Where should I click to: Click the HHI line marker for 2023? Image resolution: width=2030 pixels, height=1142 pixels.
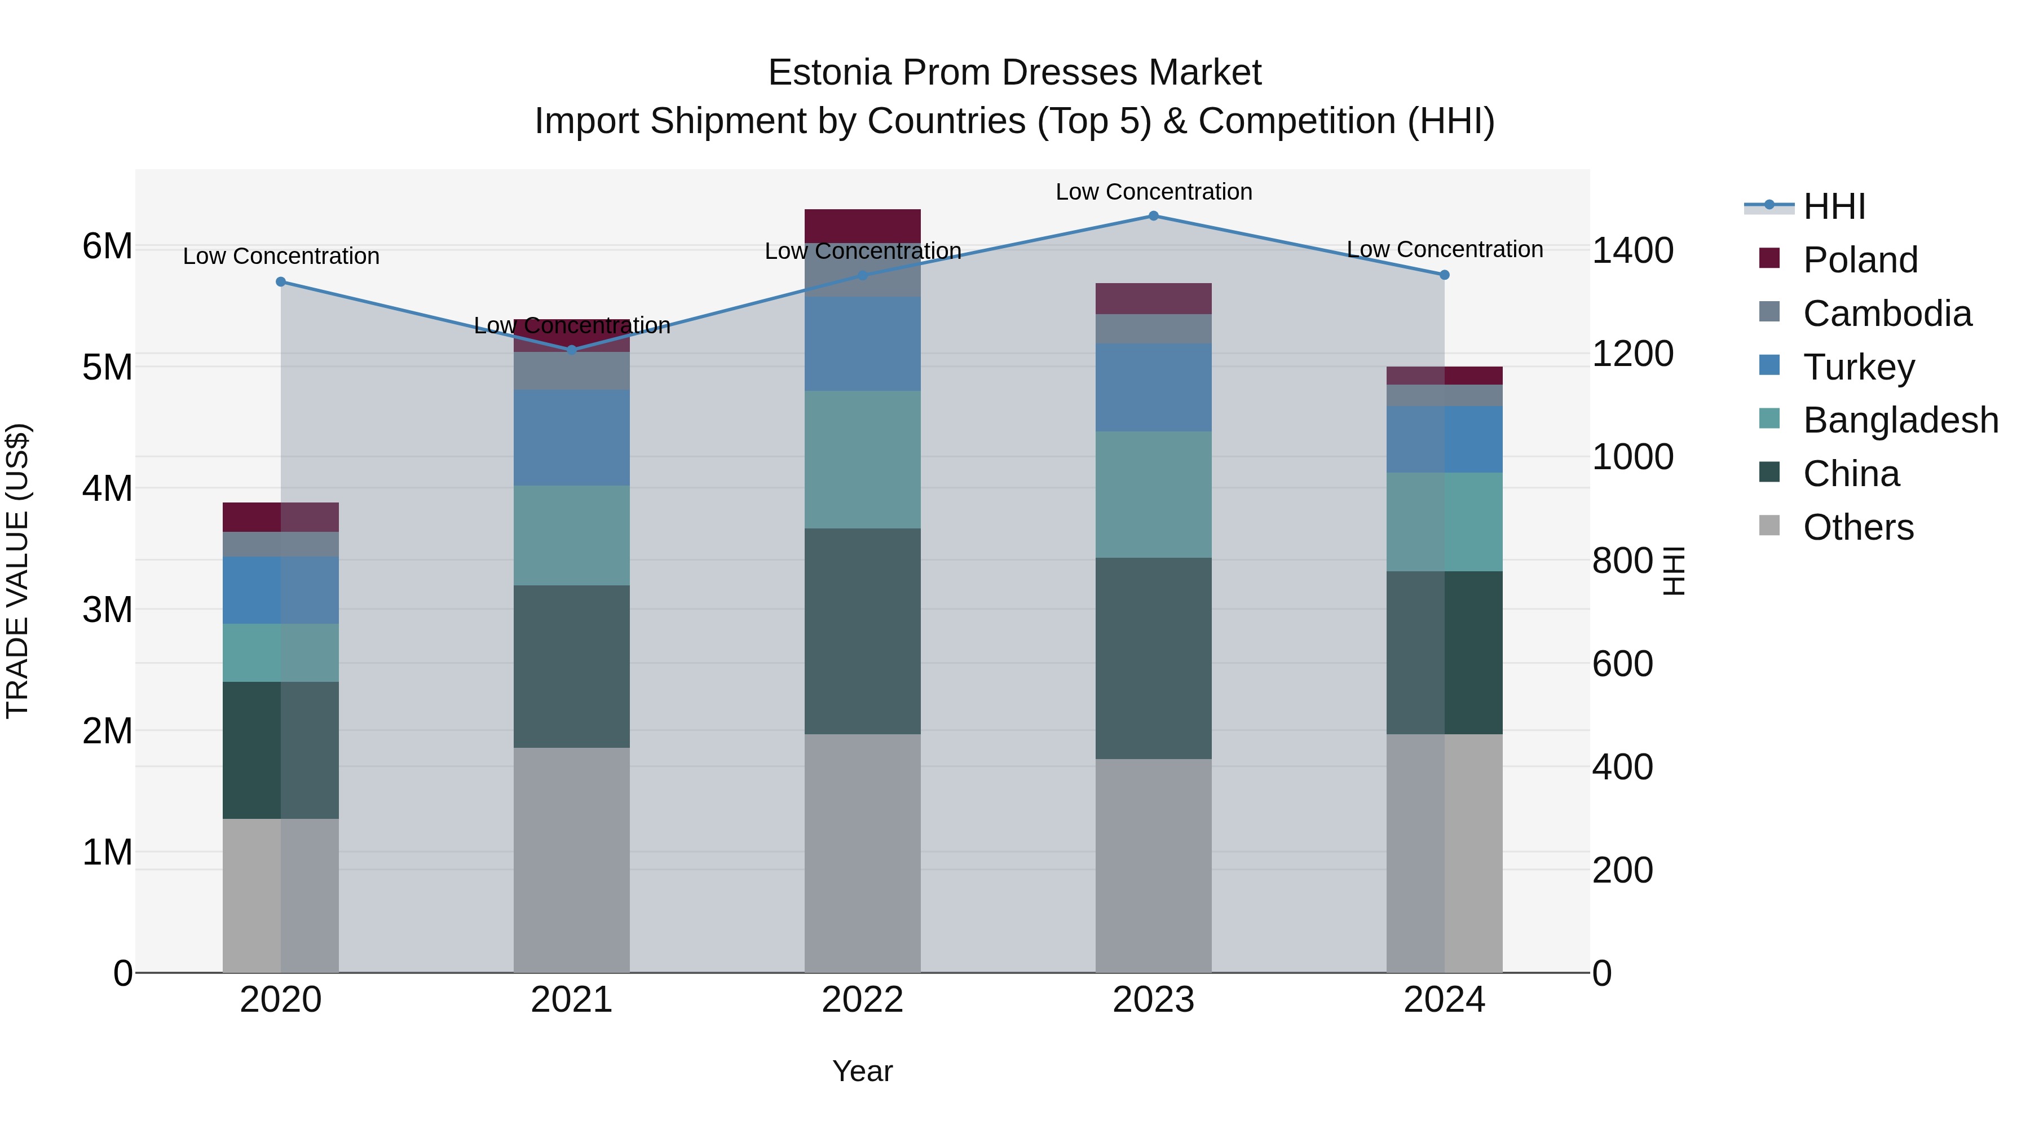1153,216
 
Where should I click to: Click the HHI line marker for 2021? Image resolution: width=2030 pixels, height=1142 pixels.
572,350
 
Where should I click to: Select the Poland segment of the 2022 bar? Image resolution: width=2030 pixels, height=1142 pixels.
862,226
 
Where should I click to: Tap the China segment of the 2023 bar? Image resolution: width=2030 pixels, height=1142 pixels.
1153,658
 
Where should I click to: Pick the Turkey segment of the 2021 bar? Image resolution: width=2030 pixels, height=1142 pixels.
572,438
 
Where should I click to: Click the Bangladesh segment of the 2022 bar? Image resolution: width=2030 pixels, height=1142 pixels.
862,460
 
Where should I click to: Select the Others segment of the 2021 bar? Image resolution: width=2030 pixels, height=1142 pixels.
572,860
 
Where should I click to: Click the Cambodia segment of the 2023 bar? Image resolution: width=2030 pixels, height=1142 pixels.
1153,329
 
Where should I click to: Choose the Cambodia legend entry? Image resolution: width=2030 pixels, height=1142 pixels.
1887,314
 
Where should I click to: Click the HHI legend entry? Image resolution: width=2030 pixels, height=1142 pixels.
1833,206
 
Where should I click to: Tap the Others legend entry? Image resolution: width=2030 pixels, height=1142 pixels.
1857,527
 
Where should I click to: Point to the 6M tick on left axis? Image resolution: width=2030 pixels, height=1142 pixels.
107,246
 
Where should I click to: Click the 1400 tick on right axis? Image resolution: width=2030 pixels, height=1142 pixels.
1632,250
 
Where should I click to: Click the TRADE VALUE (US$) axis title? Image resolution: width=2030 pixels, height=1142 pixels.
17,571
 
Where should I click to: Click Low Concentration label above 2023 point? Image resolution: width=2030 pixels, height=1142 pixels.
1153,192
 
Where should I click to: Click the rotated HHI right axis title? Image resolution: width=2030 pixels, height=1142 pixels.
1674,571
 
